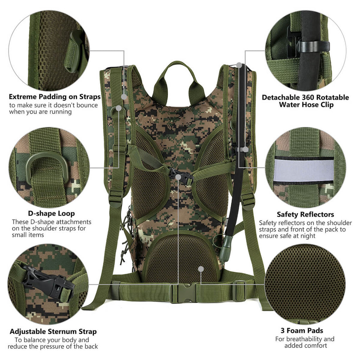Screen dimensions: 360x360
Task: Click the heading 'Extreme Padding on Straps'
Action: pyautogui.click(x=54, y=97)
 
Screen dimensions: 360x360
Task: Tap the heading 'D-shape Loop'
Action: pyautogui.click(x=51, y=213)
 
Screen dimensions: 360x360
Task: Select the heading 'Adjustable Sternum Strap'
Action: pyautogui.click(x=53, y=332)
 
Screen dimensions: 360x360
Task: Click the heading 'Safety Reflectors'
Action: pyautogui.click(x=306, y=214)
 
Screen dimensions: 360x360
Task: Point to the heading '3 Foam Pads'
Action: pyautogui.click(x=302, y=330)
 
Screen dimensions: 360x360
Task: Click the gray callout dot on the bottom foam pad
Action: pyautogui.click(x=201, y=269)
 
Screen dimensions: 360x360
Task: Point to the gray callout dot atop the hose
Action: pyautogui.click(x=239, y=65)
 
